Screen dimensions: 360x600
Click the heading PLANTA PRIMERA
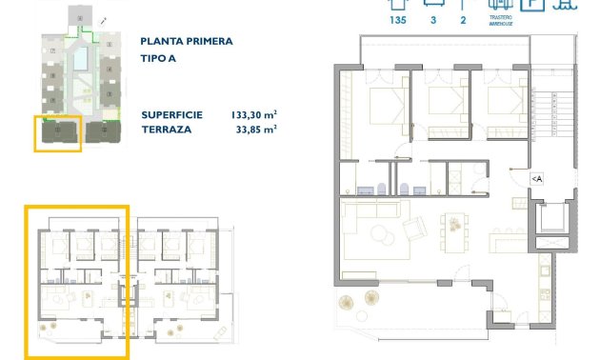pos(186,42)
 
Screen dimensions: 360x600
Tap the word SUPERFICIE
pos(171,114)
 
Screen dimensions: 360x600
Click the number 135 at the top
pos(398,19)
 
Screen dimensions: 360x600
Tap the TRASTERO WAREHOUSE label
pos(501,22)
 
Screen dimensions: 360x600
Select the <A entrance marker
pos(536,178)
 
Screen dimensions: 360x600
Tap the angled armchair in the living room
pos(414,230)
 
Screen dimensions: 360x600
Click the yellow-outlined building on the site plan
pos(57,131)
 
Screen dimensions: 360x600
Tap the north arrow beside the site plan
pos(102,18)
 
